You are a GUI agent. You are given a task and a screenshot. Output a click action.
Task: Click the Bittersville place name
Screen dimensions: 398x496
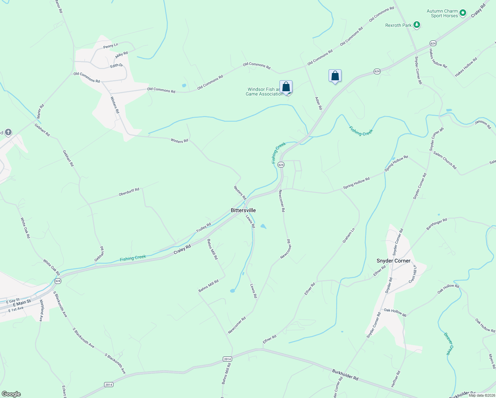tap(243, 210)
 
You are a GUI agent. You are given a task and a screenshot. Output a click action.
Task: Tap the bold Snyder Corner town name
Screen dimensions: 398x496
tap(393, 261)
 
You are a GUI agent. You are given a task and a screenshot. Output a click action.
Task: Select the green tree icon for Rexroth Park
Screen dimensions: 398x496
tap(417, 25)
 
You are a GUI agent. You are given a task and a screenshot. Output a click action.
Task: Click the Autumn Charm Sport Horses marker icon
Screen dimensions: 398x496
tap(463, 13)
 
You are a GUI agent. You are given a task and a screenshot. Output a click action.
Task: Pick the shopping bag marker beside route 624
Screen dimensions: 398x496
tap(335, 76)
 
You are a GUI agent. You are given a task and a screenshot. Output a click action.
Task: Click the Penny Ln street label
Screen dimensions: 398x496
tap(110, 46)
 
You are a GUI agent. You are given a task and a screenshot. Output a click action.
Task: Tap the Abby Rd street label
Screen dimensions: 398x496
tap(121, 55)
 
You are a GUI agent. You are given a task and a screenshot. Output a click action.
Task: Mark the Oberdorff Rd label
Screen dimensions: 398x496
tap(129, 192)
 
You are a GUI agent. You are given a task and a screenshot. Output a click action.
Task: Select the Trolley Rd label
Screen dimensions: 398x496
tap(204, 228)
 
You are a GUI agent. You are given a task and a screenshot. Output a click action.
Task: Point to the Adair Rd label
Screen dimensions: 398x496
tap(318, 103)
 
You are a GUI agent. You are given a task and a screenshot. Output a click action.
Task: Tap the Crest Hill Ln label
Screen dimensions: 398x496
tap(413, 274)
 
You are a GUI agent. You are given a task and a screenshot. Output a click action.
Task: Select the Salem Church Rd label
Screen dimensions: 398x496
tap(445, 161)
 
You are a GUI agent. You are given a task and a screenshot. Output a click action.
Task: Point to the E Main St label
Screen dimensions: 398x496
tap(22, 303)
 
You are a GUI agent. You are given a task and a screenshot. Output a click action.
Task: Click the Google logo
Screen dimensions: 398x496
tap(11, 394)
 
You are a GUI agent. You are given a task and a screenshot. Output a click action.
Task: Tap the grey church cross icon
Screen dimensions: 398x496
tap(8, 133)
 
